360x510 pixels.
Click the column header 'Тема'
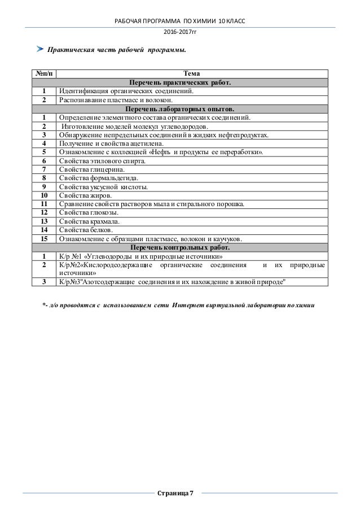191,73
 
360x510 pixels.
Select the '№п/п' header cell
43,73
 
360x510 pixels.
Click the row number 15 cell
43,239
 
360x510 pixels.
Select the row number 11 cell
43,204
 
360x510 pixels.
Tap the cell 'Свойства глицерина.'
92,169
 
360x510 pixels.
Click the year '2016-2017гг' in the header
180,32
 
